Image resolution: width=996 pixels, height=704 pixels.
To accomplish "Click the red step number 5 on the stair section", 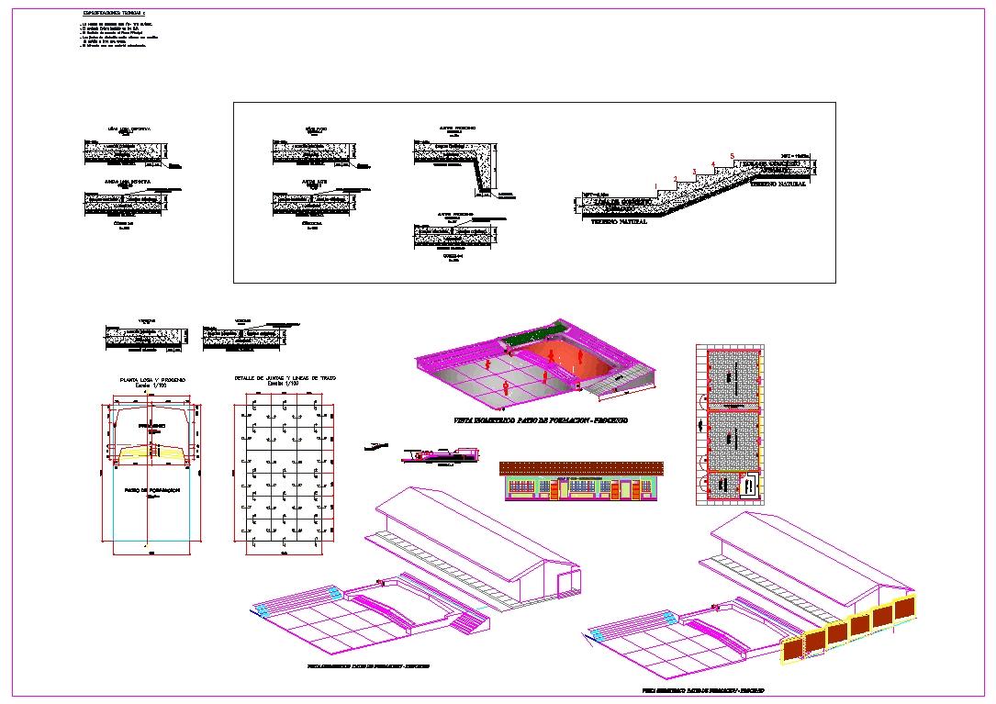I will pos(732,156).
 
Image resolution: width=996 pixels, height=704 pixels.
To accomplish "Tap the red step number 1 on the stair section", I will pos(655,187).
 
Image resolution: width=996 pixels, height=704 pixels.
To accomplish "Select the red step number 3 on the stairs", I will pos(693,172).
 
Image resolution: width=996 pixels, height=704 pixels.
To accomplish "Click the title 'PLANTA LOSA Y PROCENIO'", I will pos(152,380).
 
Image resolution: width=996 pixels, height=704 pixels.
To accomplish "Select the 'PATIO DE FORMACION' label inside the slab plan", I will pos(151,490).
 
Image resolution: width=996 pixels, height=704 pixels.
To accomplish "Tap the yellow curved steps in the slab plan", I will pos(151,452).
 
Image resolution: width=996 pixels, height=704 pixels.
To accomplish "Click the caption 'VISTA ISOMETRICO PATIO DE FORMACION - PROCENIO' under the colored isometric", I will pos(541,419).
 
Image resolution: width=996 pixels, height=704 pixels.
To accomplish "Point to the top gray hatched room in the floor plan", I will pos(732,376).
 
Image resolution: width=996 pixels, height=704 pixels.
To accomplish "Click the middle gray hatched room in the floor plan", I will pos(732,440).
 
